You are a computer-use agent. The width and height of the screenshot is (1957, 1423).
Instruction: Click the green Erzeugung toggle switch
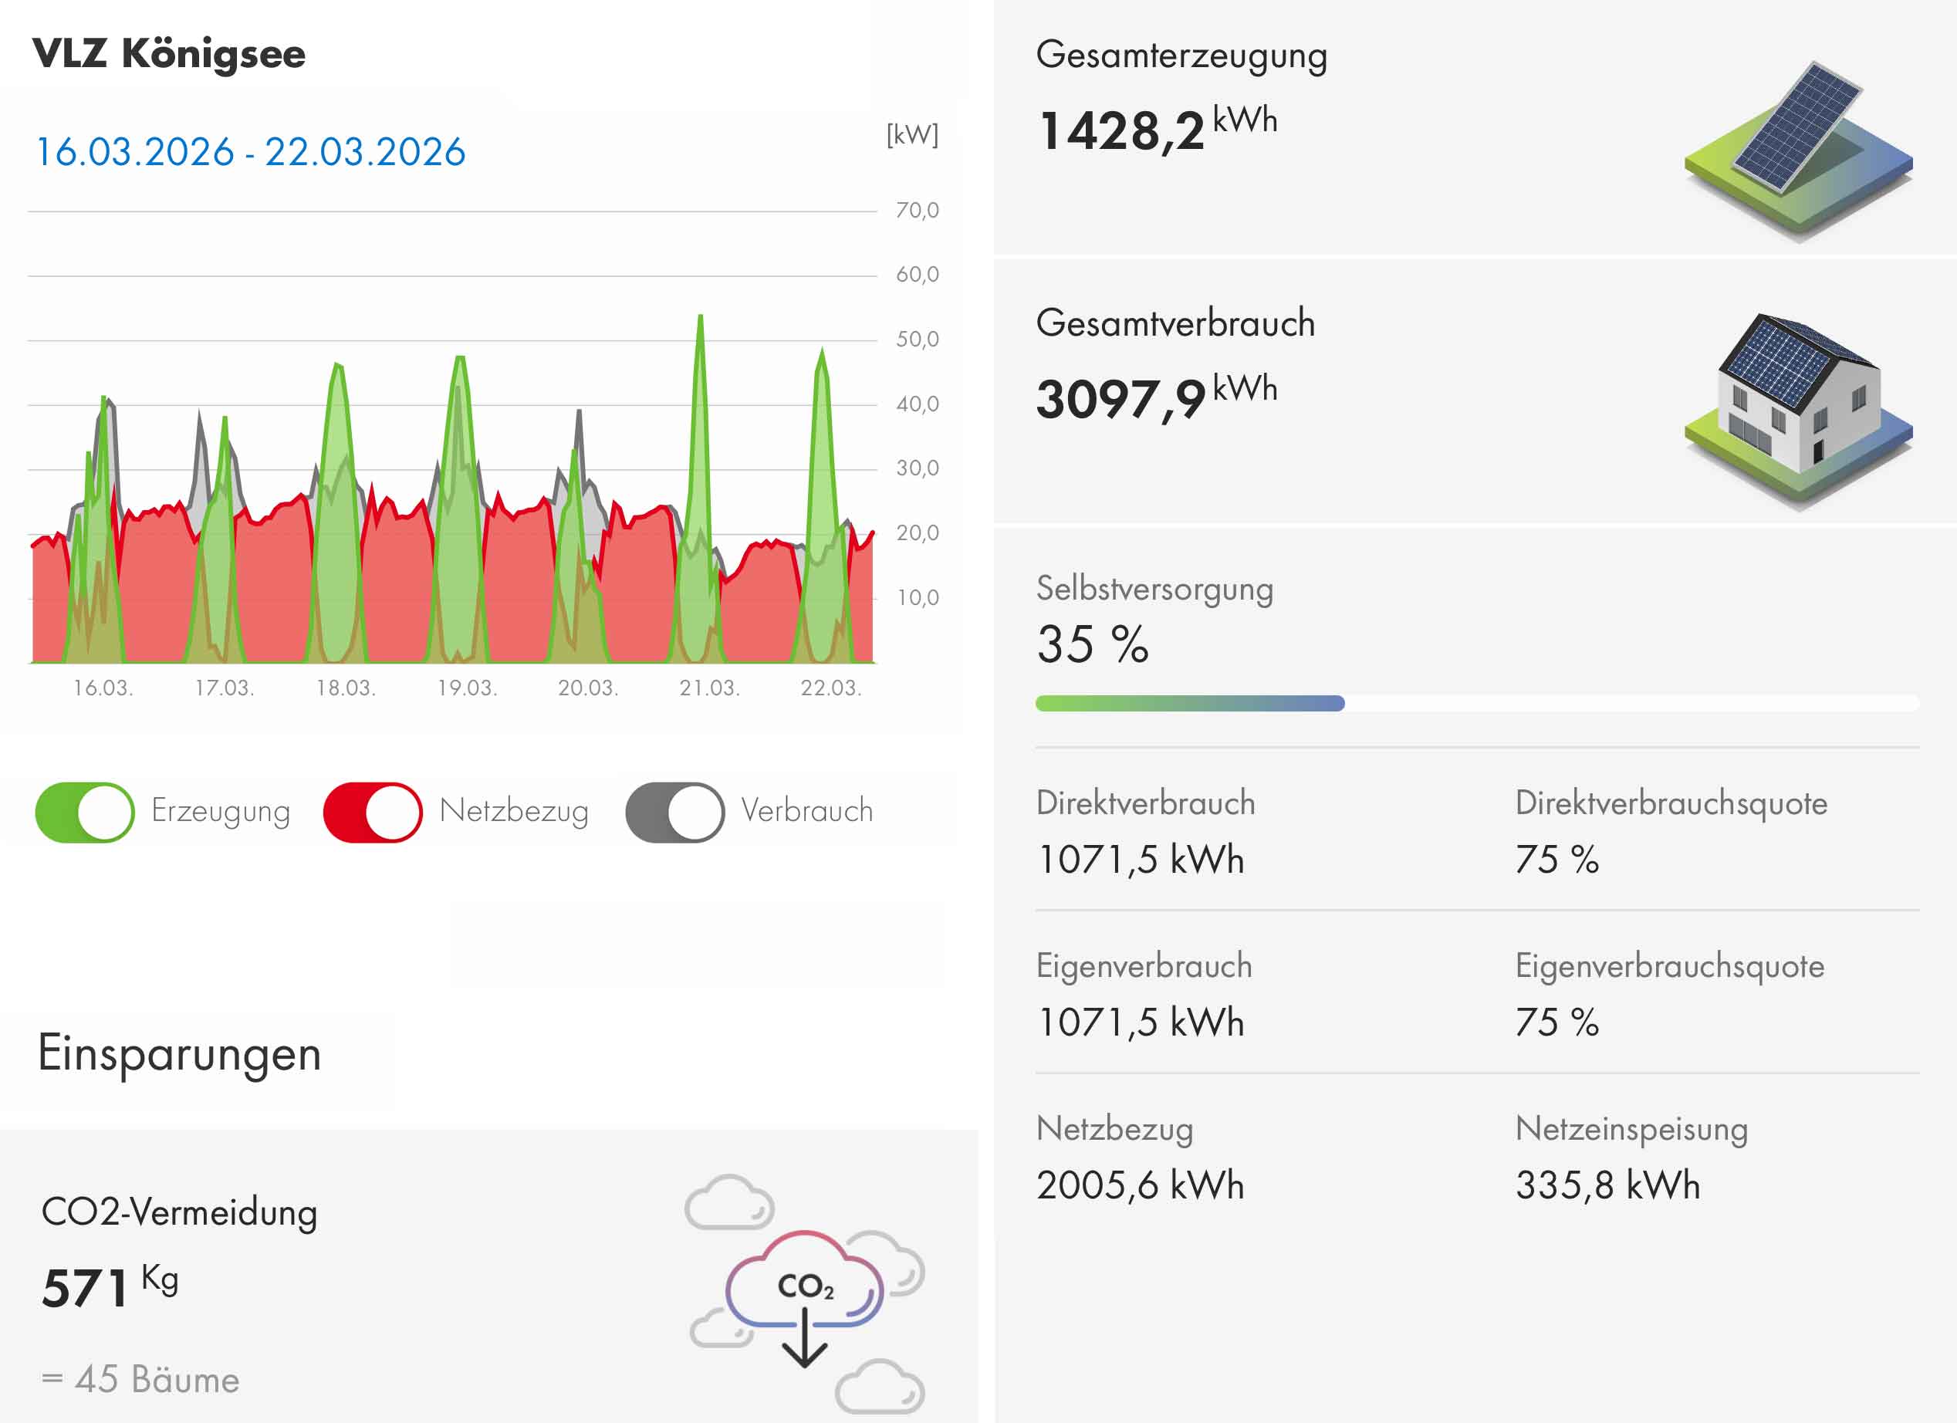coord(85,812)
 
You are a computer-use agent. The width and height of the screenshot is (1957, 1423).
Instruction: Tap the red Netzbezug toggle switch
coord(373,812)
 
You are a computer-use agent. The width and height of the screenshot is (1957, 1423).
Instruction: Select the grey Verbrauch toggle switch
coord(674,812)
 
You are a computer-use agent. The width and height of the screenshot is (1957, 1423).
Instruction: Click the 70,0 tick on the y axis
coord(916,211)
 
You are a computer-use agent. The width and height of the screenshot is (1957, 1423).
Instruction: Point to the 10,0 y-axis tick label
coord(916,598)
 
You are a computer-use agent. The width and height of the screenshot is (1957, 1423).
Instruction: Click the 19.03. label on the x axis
coord(467,688)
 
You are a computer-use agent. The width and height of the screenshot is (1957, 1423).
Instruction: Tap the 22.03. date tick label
coord(830,688)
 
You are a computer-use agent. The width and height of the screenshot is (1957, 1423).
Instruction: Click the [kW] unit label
coord(912,134)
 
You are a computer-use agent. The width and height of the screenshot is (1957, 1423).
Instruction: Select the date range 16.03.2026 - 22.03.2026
coord(250,153)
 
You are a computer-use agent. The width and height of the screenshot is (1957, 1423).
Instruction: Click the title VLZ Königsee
coord(169,54)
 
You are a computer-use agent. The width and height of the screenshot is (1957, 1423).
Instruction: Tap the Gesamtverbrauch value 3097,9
coord(1120,400)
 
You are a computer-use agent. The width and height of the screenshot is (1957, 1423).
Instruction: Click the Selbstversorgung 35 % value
coord(1093,644)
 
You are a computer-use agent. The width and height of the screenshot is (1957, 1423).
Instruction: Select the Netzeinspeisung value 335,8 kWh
coord(1607,1185)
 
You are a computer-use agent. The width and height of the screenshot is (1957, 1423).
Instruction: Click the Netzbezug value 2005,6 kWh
coord(1140,1185)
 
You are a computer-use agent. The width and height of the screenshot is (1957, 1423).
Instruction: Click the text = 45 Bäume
coord(140,1379)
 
